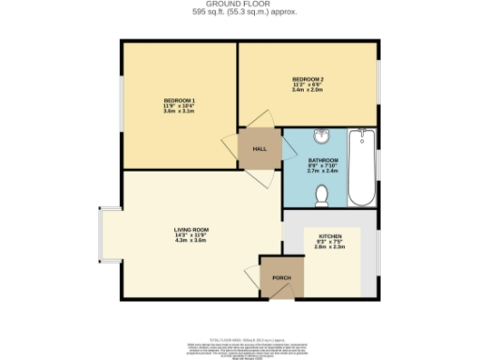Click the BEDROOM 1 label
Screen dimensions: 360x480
coord(178,100)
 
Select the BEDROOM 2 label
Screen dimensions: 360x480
coord(307,78)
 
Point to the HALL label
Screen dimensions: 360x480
coord(260,149)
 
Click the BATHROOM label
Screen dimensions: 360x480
coord(322,160)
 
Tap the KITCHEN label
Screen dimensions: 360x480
coord(330,236)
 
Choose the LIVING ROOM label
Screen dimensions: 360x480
coord(190,230)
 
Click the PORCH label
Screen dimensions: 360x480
coord(280,277)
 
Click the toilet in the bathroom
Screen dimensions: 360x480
coord(322,195)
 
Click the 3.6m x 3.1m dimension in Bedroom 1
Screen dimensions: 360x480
coord(178,112)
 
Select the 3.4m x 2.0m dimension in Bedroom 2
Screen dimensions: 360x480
coord(307,89)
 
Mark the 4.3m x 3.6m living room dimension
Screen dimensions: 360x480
coord(190,241)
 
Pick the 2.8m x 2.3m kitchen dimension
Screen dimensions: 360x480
coord(330,247)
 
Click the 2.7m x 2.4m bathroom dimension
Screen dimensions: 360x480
coord(322,172)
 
